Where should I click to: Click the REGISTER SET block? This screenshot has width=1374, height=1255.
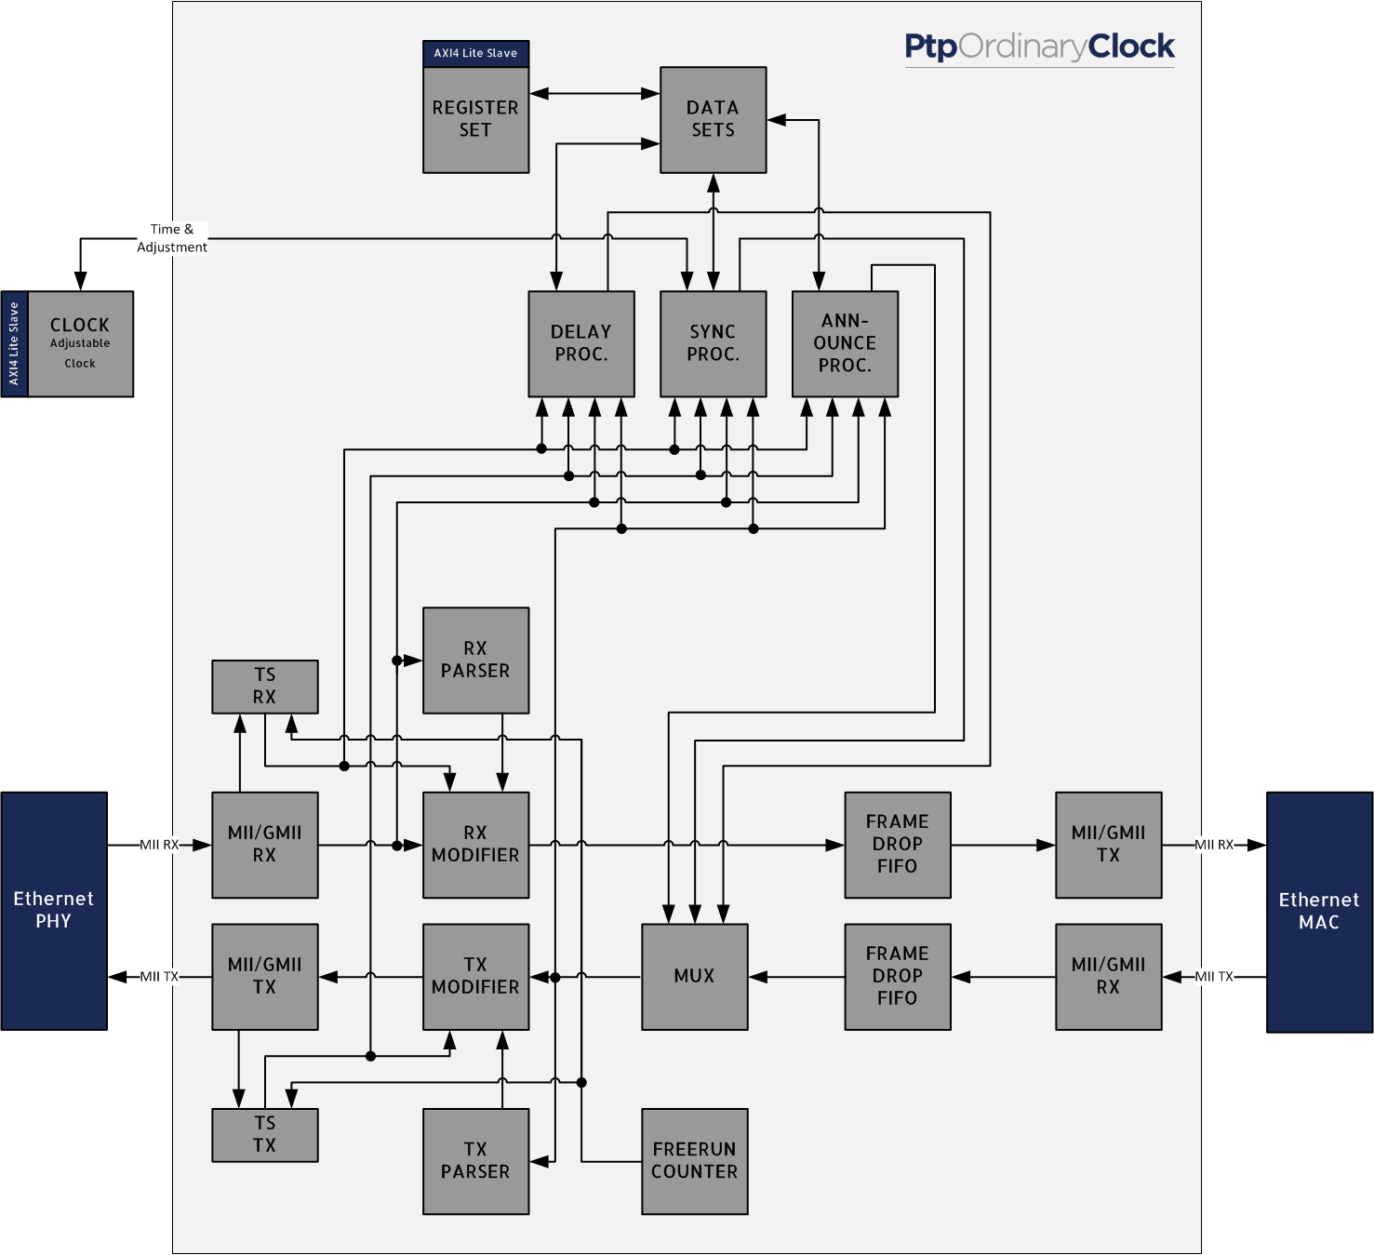point(475,120)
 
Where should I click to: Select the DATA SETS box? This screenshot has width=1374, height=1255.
point(713,120)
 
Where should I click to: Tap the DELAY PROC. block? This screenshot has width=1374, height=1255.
point(581,343)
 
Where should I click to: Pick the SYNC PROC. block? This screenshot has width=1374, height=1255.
point(713,343)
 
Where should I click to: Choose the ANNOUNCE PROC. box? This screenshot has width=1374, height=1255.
point(845,343)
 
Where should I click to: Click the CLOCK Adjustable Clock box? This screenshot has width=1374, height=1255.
point(80,343)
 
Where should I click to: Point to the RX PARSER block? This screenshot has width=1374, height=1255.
point(475,660)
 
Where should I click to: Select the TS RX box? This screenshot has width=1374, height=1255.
point(265,687)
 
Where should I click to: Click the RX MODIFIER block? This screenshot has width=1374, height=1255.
point(475,845)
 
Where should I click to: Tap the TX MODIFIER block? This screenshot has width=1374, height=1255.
point(475,976)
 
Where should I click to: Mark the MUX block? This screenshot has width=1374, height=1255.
point(694,976)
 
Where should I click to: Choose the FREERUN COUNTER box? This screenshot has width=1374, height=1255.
point(694,1161)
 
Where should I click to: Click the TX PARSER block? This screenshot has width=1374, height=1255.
point(475,1161)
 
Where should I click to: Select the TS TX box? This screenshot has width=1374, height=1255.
point(265,1135)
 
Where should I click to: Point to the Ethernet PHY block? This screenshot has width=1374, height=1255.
point(54,911)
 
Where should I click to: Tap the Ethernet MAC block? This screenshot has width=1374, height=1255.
point(1319,912)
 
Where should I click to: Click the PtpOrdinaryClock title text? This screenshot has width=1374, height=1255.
point(1039,47)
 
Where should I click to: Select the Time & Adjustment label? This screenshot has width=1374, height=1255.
point(172,238)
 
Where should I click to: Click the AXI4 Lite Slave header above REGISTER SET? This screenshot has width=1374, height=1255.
point(475,54)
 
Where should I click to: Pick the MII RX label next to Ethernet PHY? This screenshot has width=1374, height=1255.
point(159,845)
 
